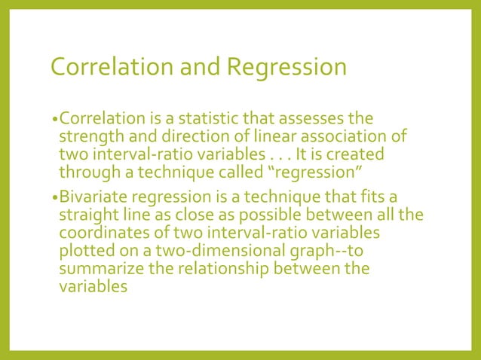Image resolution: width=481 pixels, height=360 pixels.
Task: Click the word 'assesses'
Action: [x=311, y=119]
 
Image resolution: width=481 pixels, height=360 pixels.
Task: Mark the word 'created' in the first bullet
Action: [x=358, y=154]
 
